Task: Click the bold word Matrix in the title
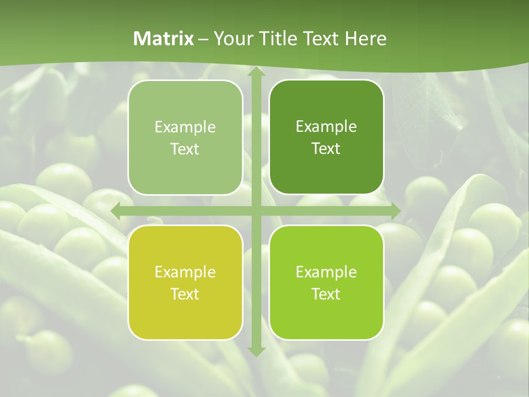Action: pyautogui.click(x=164, y=39)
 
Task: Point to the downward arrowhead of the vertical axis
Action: pyautogui.click(x=256, y=351)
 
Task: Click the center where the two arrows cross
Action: pyautogui.click(x=256, y=211)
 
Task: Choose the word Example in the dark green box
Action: pyautogui.click(x=326, y=126)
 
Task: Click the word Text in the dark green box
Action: pyautogui.click(x=326, y=148)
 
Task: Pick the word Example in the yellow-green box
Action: pyautogui.click(x=185, y=272)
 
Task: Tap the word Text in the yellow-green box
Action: pyautogui.click(x=185, y=294)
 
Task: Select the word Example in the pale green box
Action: pyautogui.click(x=185, y=127)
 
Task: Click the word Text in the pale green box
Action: pyautogui.click(x=185, y=149)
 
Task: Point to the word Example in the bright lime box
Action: pyautogui.click(x=326, y=272)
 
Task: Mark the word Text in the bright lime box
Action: pyautogui.click(x=326, y=294)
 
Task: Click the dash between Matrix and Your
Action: pyautogui.click(x=203, y=39)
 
